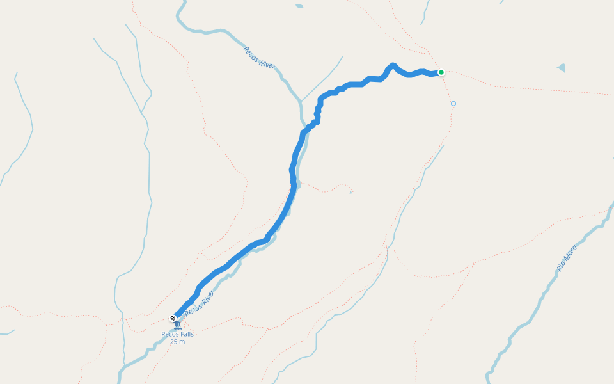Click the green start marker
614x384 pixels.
click(x=441, y=72)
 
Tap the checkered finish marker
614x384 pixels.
click(x=173, y=317)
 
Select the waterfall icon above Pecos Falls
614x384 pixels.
click(x=177, y=326)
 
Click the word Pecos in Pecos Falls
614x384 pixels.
click(x=169, y=334)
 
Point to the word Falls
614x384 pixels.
click(x=186, y=334)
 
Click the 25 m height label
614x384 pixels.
click(x=177, y=342)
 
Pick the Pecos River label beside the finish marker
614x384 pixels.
click(x=200, y=303)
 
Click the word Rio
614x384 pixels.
click(x=561, y=265)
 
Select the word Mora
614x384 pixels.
click(x=571, y=251)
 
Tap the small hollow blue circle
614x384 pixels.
click(x=453, y=103)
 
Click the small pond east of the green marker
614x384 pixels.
click(x=562, y=67)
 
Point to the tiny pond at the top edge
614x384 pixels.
click(x=299, y=6)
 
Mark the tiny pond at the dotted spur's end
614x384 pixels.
click(x=350, y=191)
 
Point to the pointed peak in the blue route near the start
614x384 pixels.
click(x=393, y=65)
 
